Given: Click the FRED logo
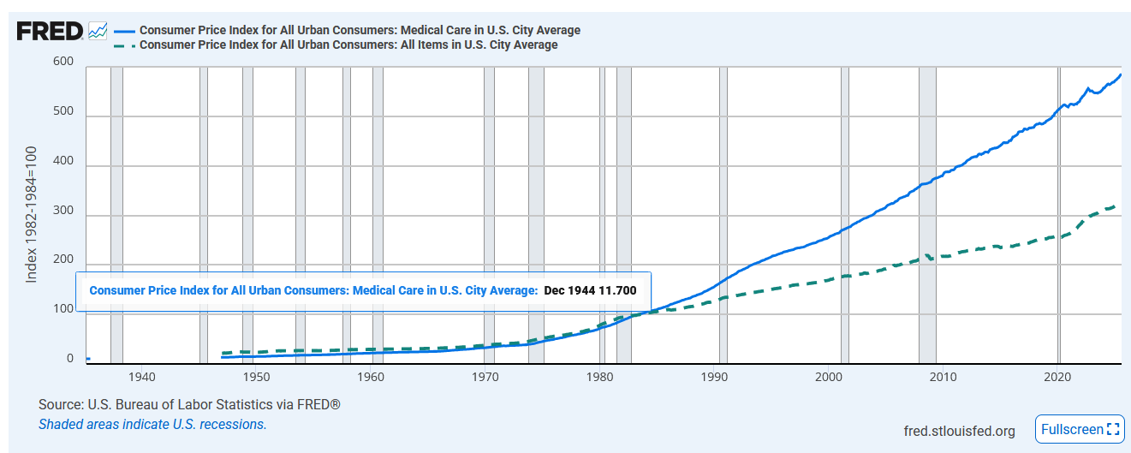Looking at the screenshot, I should click(x=50, y=31).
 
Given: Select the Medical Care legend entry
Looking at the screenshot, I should click(x=360, y=30).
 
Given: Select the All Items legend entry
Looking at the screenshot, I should click(x=348, y=45).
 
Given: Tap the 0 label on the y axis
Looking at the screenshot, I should click(x=70, y=360).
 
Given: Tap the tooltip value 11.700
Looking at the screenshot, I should click(x=616, y=290).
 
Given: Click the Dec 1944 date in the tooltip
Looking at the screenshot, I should click(x=568, y=290).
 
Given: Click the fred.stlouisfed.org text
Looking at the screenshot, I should click(x=959, y=430).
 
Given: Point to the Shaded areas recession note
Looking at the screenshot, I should click(x=152, y=424).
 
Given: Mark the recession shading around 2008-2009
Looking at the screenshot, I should click(x=927, y=214).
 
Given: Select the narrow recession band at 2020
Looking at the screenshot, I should click(x=1059, y=214).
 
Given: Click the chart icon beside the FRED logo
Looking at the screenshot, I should click(x=98, y=31).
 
